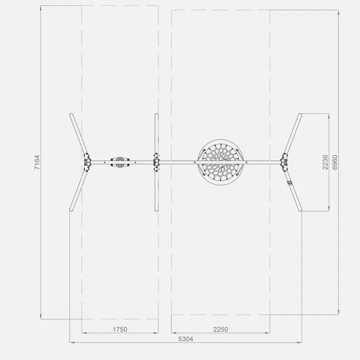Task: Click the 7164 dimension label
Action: [37, 162]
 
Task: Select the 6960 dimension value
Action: [335, 162]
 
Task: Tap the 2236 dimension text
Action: [325, 162]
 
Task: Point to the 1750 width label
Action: [120, 329]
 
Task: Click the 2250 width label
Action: [221, 329]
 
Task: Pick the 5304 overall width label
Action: [186, 339]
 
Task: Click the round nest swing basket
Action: [220, 162]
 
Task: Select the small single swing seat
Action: [120, 162]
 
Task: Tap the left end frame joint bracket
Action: [87, 162]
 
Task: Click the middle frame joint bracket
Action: [156, 162]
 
